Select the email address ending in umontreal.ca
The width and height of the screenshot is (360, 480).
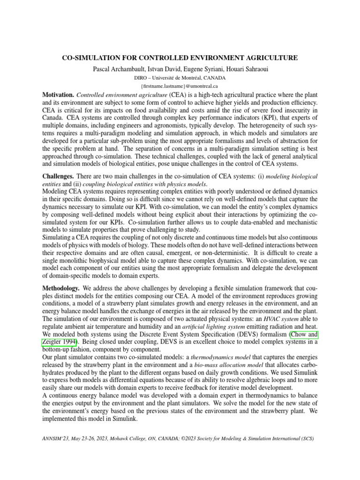click(x=180, y=86)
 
